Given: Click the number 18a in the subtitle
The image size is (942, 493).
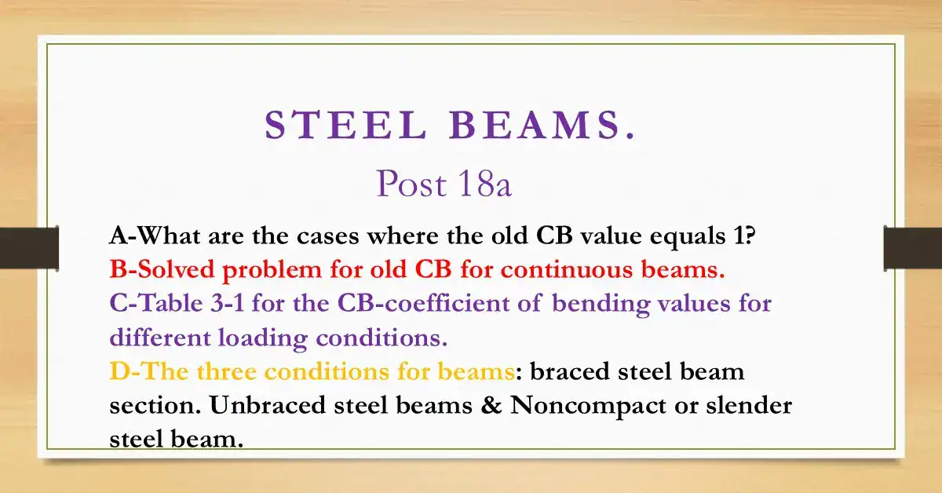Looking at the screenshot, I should [x=481, y=184].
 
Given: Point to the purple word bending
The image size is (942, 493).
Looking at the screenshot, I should [x=600, y=303].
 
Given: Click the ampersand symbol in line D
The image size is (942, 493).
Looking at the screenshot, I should [x=493, y=405].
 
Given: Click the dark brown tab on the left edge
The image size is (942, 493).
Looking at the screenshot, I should [x=29, y=247].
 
